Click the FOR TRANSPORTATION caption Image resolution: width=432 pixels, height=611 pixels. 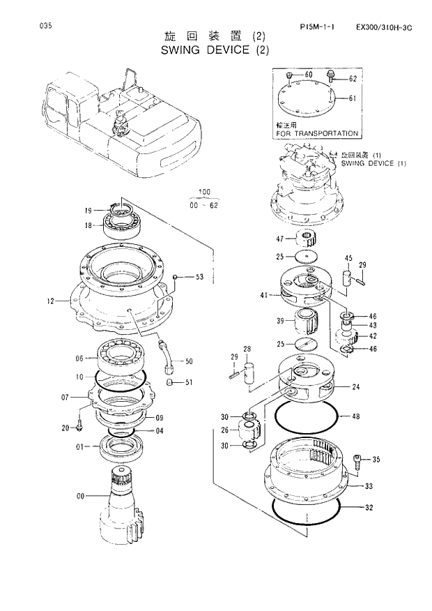pos(317,133)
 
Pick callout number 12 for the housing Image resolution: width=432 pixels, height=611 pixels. pos(50,302)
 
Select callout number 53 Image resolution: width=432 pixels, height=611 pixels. pos(199,277)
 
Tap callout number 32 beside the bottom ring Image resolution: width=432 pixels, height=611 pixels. pos(369,508)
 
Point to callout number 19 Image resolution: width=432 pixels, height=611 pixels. pos(88,210)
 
